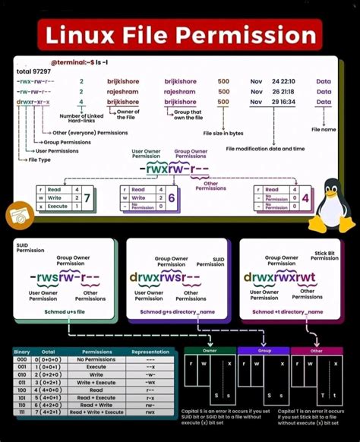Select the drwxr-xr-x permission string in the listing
tap(34, 101)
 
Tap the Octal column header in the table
tap(48, 352)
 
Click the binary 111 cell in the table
tap(22, 412)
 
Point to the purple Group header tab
tap(263, 351)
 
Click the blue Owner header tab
tap(210, 351)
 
